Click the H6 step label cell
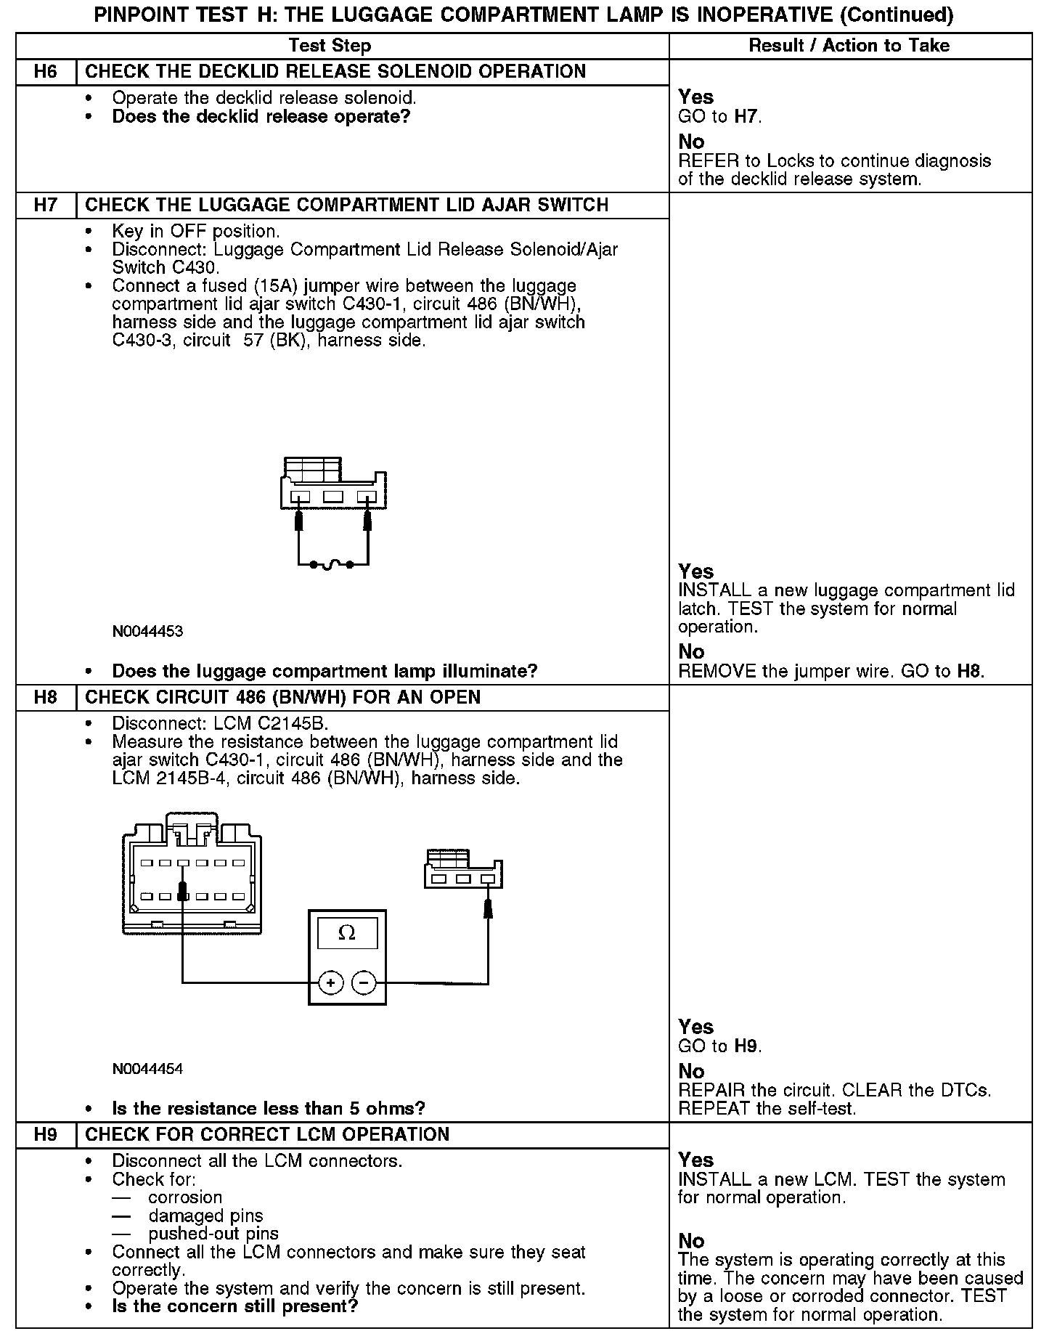46,72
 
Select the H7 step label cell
46,205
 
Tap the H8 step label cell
46,698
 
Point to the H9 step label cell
46,1135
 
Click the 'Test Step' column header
330,46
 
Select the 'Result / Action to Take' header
849,46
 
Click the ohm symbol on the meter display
347,933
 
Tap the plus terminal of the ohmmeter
330,983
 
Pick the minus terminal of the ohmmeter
364,983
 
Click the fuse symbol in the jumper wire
332,564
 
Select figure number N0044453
147,631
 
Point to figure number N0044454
147,1069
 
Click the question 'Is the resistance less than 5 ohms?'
268,1109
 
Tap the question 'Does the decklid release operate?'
261,117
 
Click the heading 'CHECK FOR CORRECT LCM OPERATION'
267,1135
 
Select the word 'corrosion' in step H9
185,1197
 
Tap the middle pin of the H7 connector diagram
333,497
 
